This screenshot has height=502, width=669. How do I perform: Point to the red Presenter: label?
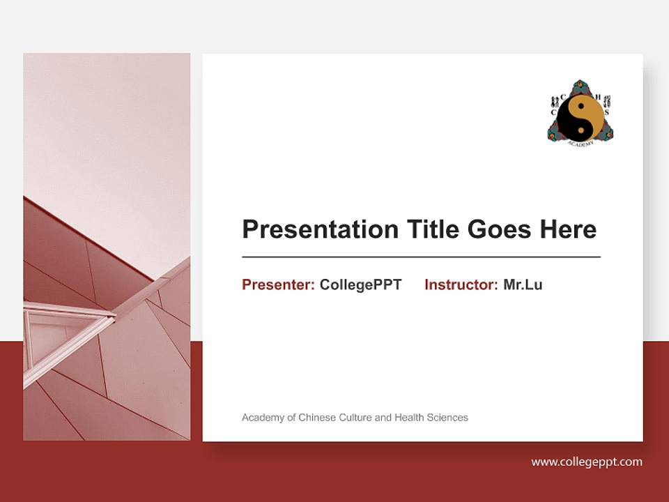point(278,284)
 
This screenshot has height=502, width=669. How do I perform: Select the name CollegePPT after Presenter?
point(360,284)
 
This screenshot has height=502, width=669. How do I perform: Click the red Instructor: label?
point(461,284)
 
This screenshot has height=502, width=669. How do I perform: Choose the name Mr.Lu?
point(523,284)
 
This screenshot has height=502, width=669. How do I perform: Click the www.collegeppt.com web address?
point(587,462)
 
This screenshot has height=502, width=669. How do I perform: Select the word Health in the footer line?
point(410,418)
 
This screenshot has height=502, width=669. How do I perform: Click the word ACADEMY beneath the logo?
point(580,143)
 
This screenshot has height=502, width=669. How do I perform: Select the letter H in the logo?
point(597,97)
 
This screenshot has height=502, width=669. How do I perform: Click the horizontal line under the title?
point(421,257)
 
